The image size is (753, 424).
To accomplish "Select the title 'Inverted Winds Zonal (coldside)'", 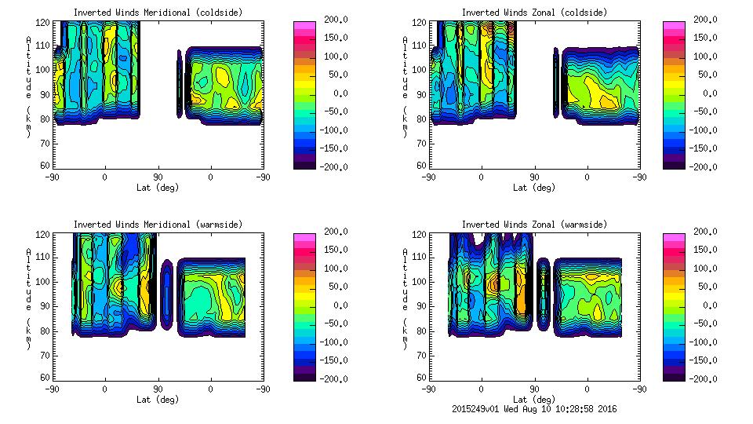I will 534,13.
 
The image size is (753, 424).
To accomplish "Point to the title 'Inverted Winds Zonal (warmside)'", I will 534,225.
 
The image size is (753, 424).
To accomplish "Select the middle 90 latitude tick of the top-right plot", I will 534,177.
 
